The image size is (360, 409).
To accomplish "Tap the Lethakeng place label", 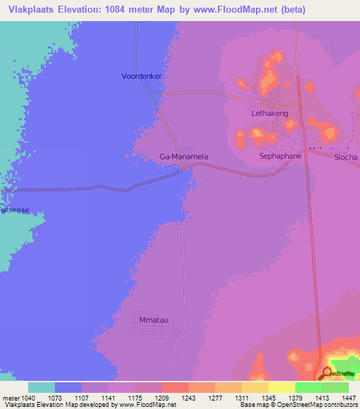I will (x=270, y=112).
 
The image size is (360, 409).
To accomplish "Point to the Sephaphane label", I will (x=281, y=155).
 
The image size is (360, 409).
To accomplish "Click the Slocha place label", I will (x=347, y=157).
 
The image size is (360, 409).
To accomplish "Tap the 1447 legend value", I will (x=348, y=397).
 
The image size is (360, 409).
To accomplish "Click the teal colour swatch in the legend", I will (x=41, y=387).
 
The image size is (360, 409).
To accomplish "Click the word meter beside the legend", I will (x=12, y=397).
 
